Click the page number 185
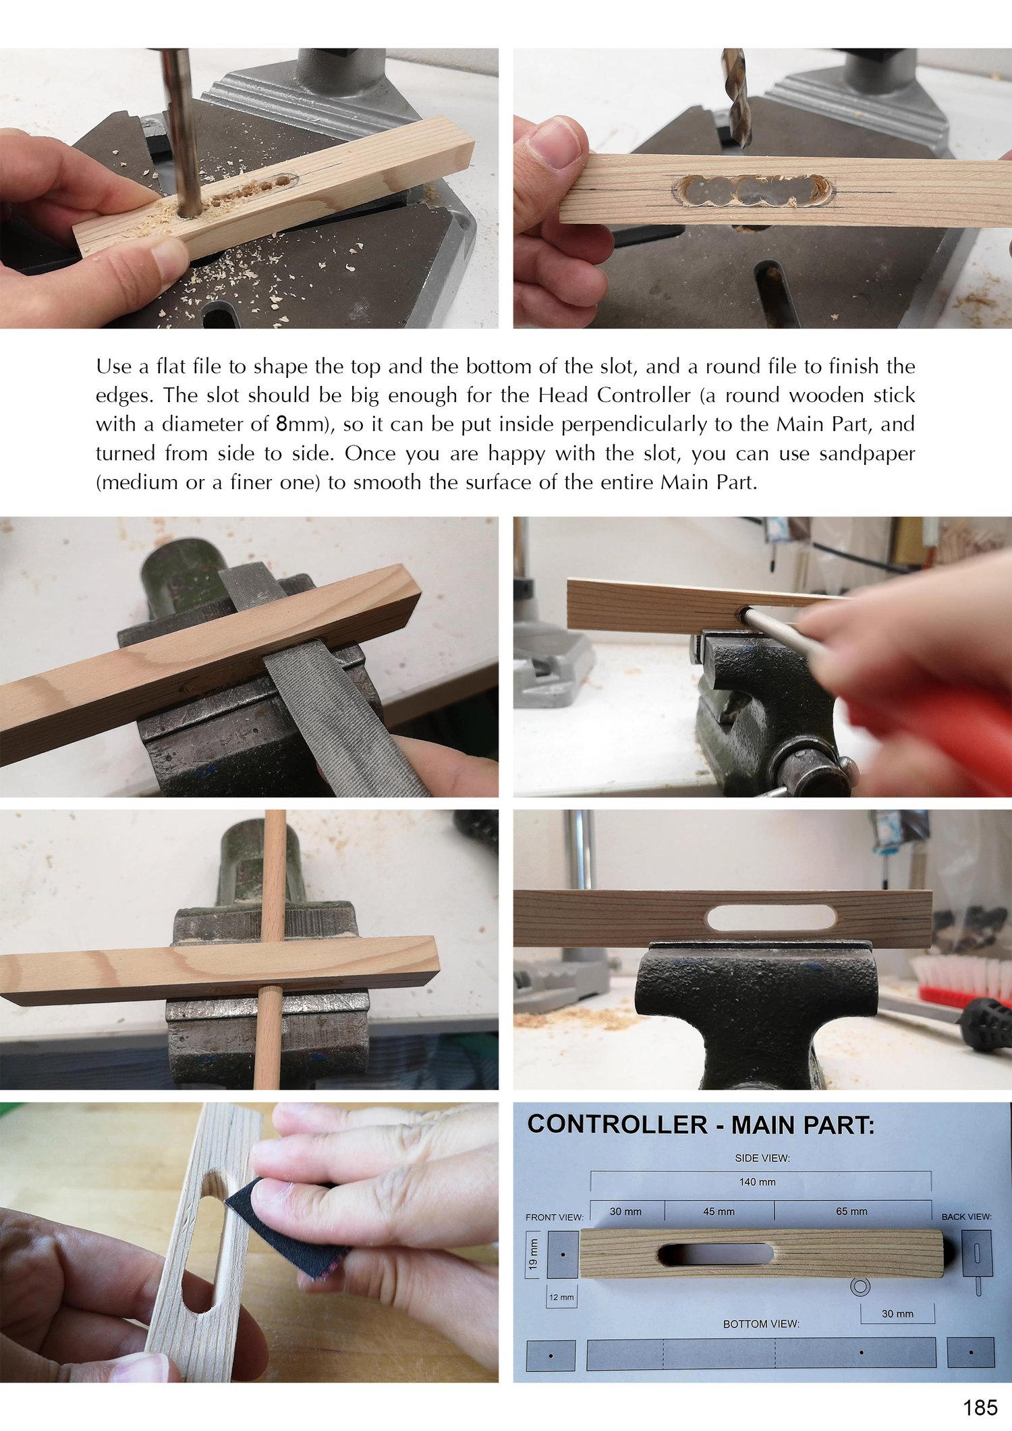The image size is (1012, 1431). tap(980, 1407)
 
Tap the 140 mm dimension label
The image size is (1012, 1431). tap(757, 1182)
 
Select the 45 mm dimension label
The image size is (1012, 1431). tap(719, 1211)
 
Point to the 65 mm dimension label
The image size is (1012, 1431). tap(851, 1211)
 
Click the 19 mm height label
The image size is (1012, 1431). tap(534, 1254)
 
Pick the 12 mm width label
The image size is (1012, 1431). tap(561, 1297)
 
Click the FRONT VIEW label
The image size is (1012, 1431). tap(554, 1217)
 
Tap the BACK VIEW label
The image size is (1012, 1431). tap(966, 1216)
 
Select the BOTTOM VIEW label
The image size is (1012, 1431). tap(761, 1324)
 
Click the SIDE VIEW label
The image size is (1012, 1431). tap(762, 1158)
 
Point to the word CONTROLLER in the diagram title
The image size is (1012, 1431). tap(617, 1125)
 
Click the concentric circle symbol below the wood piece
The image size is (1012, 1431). tap(860, 1287)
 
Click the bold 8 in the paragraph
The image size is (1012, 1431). tap(283, 424)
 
